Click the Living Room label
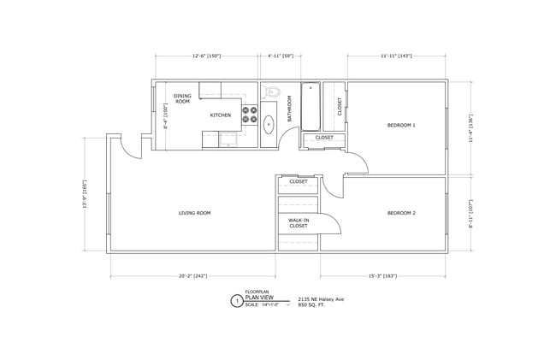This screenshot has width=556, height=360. (x=194, y=213)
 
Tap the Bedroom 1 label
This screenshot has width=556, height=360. (x=401, y=125)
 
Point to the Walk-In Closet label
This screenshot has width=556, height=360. (x=298, y=223)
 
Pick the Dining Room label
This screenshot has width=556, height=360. (x=182, y=98)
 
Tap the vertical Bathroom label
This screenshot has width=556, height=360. (x=290, y=109)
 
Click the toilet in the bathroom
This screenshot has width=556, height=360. (x=273, y=92)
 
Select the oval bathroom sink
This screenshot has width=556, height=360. (x=269, y=124)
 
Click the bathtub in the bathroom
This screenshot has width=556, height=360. (x=311, y=105)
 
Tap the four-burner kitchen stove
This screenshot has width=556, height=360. (x=251, y=115)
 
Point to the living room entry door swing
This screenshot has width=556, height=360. (x=129, y=148)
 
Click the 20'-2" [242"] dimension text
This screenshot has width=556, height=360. (x=193, y=276)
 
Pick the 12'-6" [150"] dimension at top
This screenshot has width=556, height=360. (x=207, y=56)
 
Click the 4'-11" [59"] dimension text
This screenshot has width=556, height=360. (x=281, y=56)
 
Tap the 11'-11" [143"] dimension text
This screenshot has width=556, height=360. (x=397, y=56)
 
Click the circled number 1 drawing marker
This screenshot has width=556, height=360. (x=236, y=301)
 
